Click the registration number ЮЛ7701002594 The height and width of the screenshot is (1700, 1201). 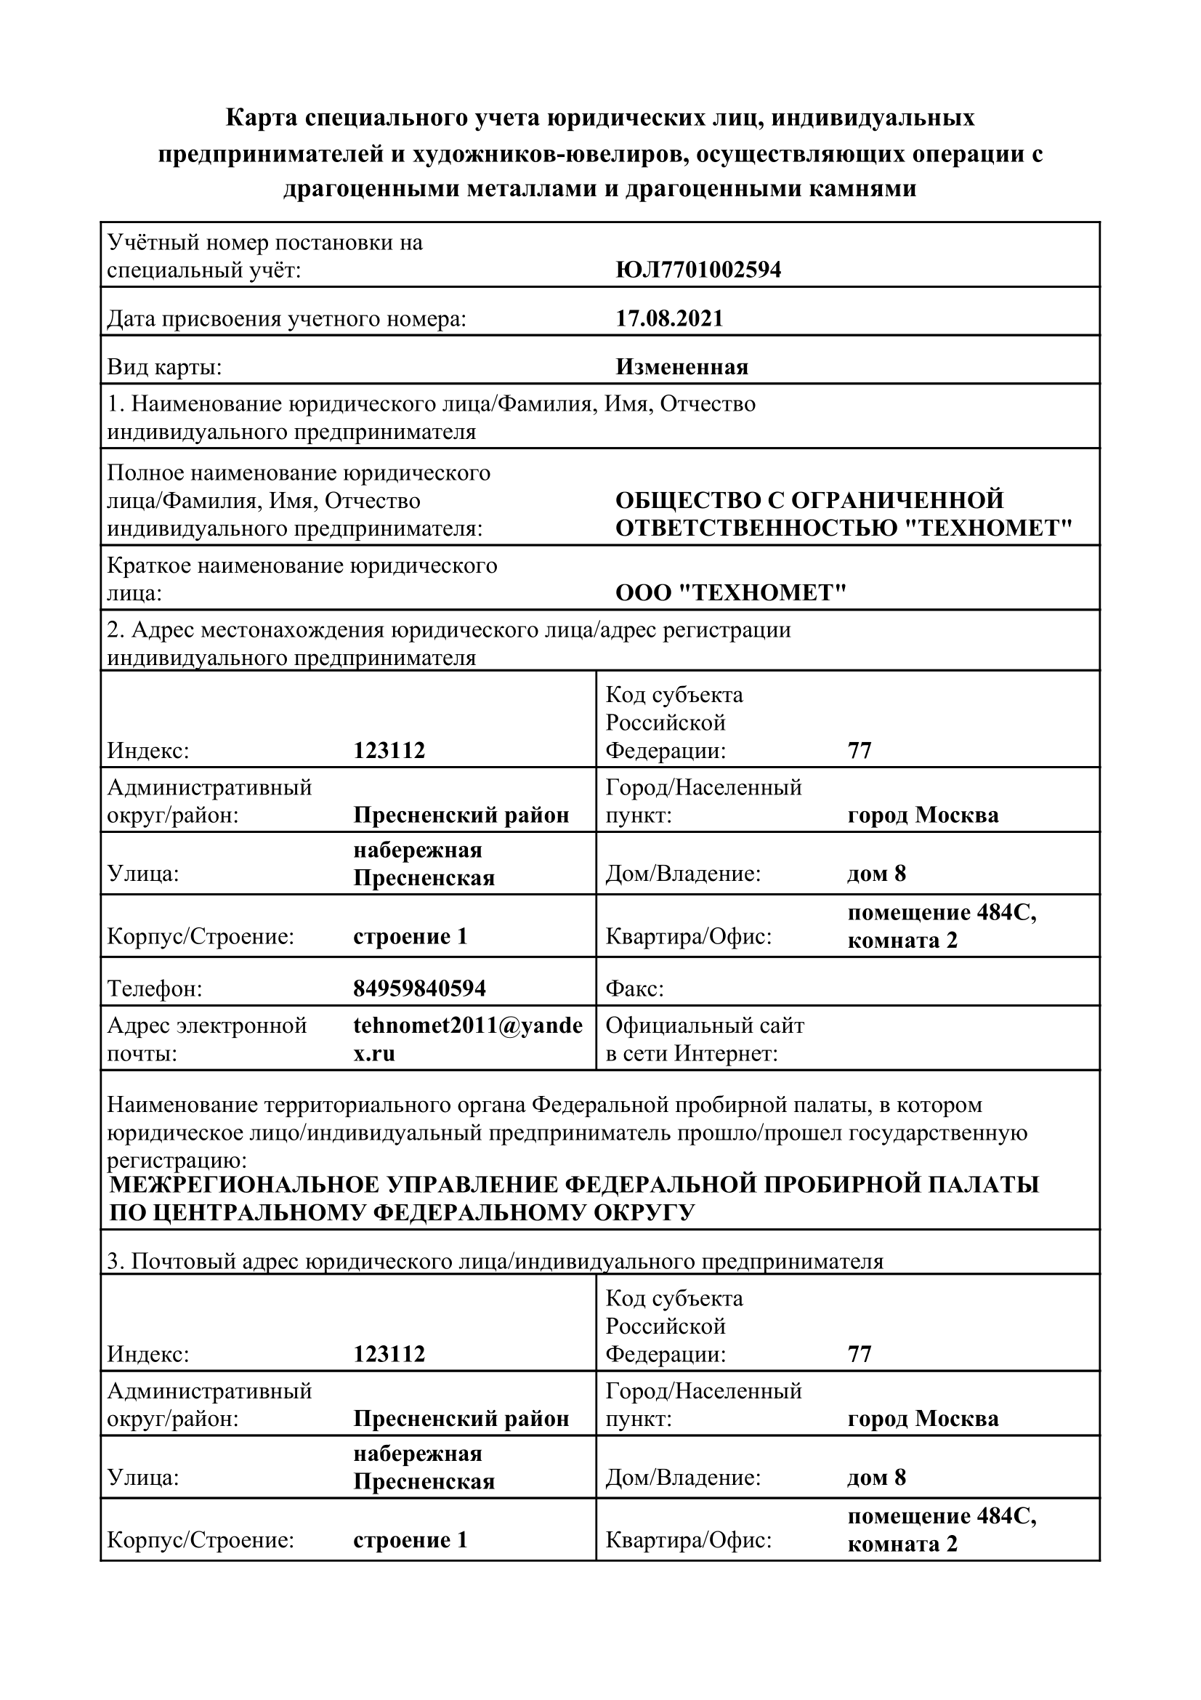coord(697,270)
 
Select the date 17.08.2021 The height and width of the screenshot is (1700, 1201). coord(669,318)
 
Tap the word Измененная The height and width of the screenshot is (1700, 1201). coord(682,366)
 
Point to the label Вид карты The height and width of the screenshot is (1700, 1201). coord(164,367)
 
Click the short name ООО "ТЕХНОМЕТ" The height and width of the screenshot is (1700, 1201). coord(730,592)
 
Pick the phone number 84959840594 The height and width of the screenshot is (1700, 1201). coord(419,988)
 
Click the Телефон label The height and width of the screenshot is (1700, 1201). coord(155,988)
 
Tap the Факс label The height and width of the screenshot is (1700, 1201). coord(634,988)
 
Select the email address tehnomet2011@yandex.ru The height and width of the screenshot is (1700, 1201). coord(468,1039)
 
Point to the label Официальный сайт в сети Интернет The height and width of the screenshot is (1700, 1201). coord(704,1039)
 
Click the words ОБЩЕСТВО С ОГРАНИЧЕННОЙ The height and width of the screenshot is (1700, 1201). coord(809,500)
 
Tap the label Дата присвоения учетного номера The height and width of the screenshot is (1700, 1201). coord(286,319)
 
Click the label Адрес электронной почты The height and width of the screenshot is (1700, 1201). coord(206,1039)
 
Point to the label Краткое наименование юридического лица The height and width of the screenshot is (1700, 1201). coord(302,579)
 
